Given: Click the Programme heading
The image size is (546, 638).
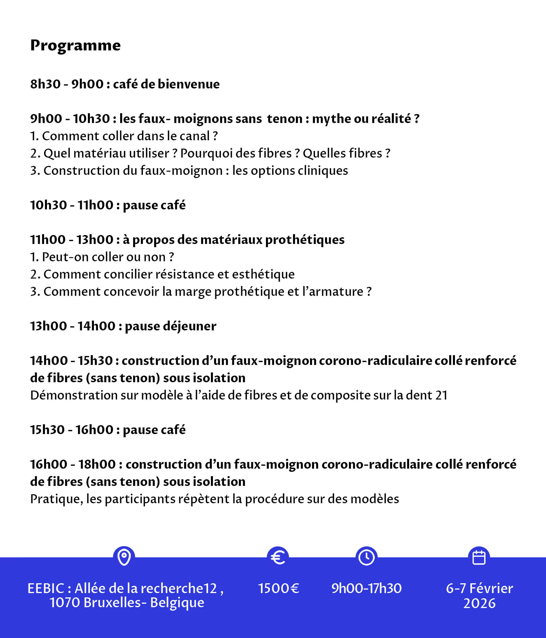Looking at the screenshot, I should (75, 46).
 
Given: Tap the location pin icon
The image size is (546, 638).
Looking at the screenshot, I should (124, 557).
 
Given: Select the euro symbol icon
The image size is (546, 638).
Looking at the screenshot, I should (278, 557).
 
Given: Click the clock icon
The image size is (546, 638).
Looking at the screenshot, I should (366, 557).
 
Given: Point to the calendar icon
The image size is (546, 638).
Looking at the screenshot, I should (479, 557).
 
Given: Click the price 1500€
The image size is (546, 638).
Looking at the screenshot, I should (278, 588).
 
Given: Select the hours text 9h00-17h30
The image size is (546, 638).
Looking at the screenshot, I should (366, 588).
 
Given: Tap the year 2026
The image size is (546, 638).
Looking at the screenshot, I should (479, 603).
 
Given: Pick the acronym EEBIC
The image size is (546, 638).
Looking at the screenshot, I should (46, 588).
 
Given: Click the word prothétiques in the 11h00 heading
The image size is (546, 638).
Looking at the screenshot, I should (305, 240).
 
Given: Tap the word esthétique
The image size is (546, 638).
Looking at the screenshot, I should (263, 274).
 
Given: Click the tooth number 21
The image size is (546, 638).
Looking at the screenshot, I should (441, 395).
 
